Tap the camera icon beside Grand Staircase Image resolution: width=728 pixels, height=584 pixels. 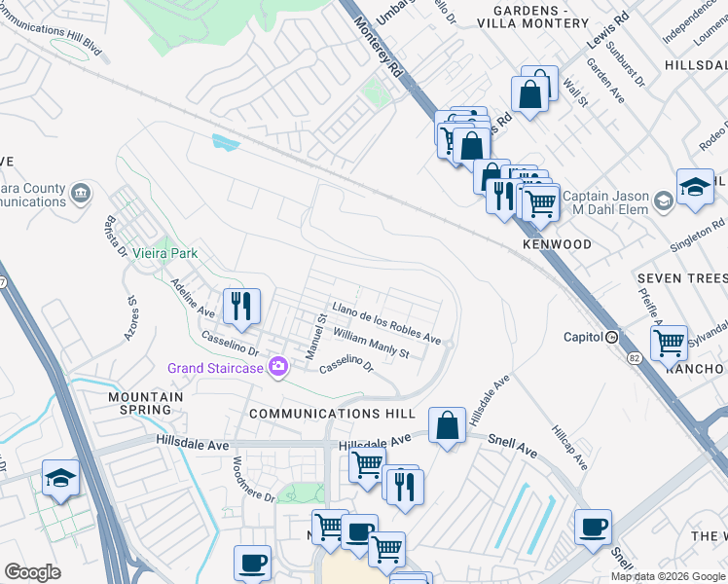[279, 367]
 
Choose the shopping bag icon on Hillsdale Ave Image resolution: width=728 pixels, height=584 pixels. [447, 425]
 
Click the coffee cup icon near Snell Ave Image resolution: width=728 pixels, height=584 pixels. [593, 529]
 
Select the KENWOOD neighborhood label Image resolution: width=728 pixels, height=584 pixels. [556, 244]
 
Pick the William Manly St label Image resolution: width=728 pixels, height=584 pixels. [371, 344]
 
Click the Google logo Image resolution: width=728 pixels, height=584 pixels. [32, 572]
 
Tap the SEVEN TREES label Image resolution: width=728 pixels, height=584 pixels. [682, 278]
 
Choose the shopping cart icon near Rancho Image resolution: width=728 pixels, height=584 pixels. [669, 342]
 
